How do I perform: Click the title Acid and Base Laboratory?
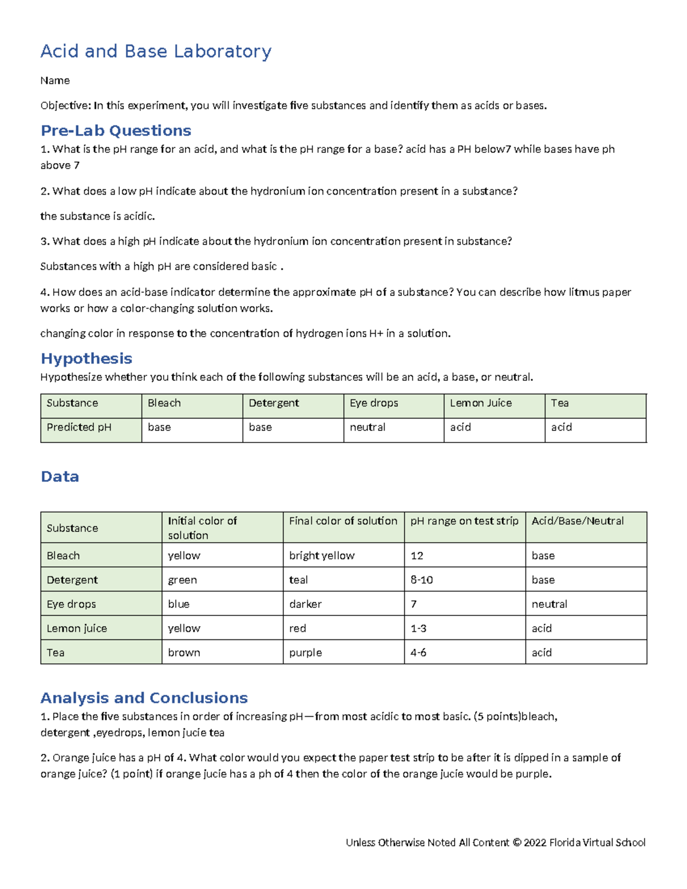156,52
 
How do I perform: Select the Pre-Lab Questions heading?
116,131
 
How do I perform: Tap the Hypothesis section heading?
86,358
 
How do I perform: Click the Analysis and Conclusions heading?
144,698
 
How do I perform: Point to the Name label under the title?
55,81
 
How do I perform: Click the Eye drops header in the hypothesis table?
374,403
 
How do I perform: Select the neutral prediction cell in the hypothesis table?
368,428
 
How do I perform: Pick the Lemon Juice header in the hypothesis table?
480,403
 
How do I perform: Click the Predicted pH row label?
79,428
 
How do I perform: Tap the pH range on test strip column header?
464,521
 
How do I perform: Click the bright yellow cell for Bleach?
322,556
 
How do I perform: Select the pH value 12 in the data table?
417,556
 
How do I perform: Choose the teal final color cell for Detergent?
298,580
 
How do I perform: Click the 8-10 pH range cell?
421,580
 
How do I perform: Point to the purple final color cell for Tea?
305,653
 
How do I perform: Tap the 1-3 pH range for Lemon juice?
418,629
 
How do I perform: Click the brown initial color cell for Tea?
184,653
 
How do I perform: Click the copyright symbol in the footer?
517,843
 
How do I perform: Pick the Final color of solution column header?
343,521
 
